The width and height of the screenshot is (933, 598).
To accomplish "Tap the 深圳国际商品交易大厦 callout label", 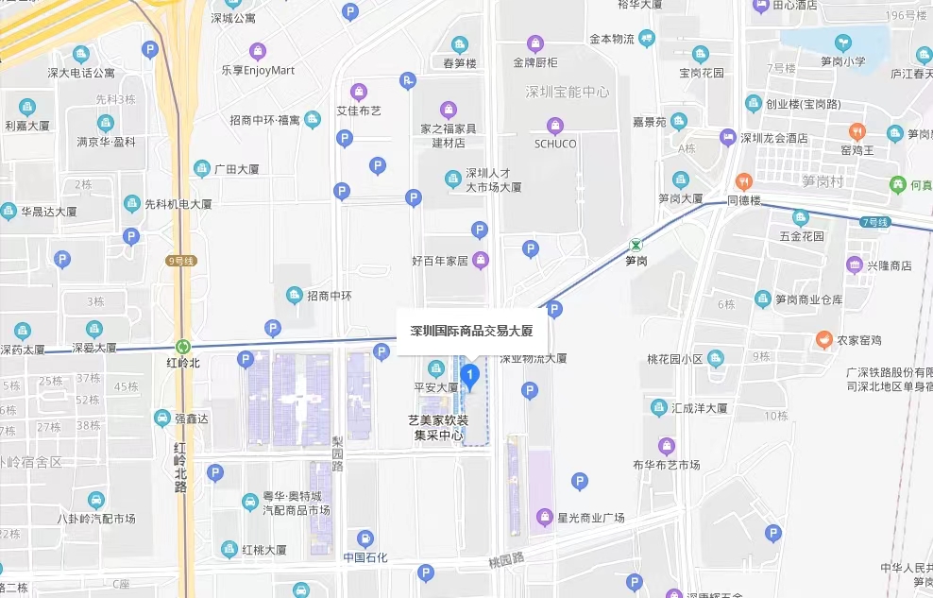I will coord(471,332).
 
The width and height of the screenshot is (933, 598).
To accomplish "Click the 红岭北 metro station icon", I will coord(182,347).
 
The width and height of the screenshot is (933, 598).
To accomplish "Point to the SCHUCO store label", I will coord(555,144).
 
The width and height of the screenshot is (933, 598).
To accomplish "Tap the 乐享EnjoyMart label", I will coord(258,70).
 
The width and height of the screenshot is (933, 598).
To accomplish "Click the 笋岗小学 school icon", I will coord(842,43).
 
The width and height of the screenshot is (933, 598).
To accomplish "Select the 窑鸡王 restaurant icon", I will coord(857,131).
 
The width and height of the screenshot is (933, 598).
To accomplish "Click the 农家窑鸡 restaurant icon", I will coord(824,339).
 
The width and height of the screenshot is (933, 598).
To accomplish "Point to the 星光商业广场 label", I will coord(591,518).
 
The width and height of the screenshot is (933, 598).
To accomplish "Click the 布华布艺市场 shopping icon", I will coord(667,446).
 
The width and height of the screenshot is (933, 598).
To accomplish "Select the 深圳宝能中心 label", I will coord(568,92).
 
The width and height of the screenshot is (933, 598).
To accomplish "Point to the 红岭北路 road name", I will coord(180,467).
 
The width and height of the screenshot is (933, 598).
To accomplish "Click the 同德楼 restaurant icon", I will coord(743,180).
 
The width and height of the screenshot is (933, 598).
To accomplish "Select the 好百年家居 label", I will coord(440,260).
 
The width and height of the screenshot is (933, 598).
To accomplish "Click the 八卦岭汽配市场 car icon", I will coord(95,500).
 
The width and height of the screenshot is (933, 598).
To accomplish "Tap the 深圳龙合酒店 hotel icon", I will coord(727,138).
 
